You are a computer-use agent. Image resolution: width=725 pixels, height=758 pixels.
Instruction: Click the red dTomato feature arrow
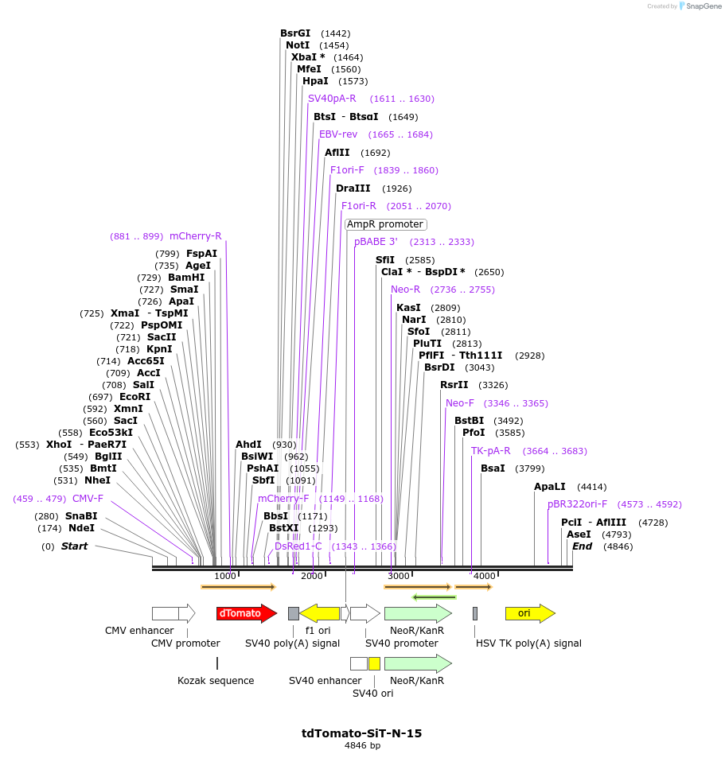[246, 613]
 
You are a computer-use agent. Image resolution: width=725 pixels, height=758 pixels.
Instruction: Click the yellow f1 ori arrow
[320, 613]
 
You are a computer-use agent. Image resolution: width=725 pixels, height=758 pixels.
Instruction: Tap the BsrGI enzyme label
[295, 33]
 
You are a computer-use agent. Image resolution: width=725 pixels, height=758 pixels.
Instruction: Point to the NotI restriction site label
[298, 45]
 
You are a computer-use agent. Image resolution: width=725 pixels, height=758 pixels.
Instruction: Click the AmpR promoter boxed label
[385, 224]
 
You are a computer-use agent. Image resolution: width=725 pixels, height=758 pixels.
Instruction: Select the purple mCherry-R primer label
[196, 236]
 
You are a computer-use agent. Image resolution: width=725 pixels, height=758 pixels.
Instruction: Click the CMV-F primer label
[88, 499]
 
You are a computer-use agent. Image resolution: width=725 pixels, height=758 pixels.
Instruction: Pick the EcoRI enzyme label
[134, 397]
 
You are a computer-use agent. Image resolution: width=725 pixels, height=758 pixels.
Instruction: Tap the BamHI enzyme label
[186, 278]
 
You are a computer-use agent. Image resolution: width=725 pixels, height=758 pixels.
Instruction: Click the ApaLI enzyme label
[550, 487]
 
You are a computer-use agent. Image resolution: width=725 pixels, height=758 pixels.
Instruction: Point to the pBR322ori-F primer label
[577, 504]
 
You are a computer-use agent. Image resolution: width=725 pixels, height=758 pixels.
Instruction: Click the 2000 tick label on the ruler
[312, 576]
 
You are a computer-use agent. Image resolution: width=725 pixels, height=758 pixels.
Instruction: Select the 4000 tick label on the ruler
[485, 576]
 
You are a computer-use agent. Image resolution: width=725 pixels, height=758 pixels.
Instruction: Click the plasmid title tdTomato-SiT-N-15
[362, 733]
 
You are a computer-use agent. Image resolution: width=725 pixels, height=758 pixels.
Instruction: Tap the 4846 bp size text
[362, 746]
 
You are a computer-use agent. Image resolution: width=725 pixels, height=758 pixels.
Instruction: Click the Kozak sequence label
[216, 681]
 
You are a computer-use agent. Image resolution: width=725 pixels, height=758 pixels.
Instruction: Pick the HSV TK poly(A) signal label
[528, 643]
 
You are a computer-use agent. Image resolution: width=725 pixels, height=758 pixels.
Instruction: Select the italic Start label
[74, 546]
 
